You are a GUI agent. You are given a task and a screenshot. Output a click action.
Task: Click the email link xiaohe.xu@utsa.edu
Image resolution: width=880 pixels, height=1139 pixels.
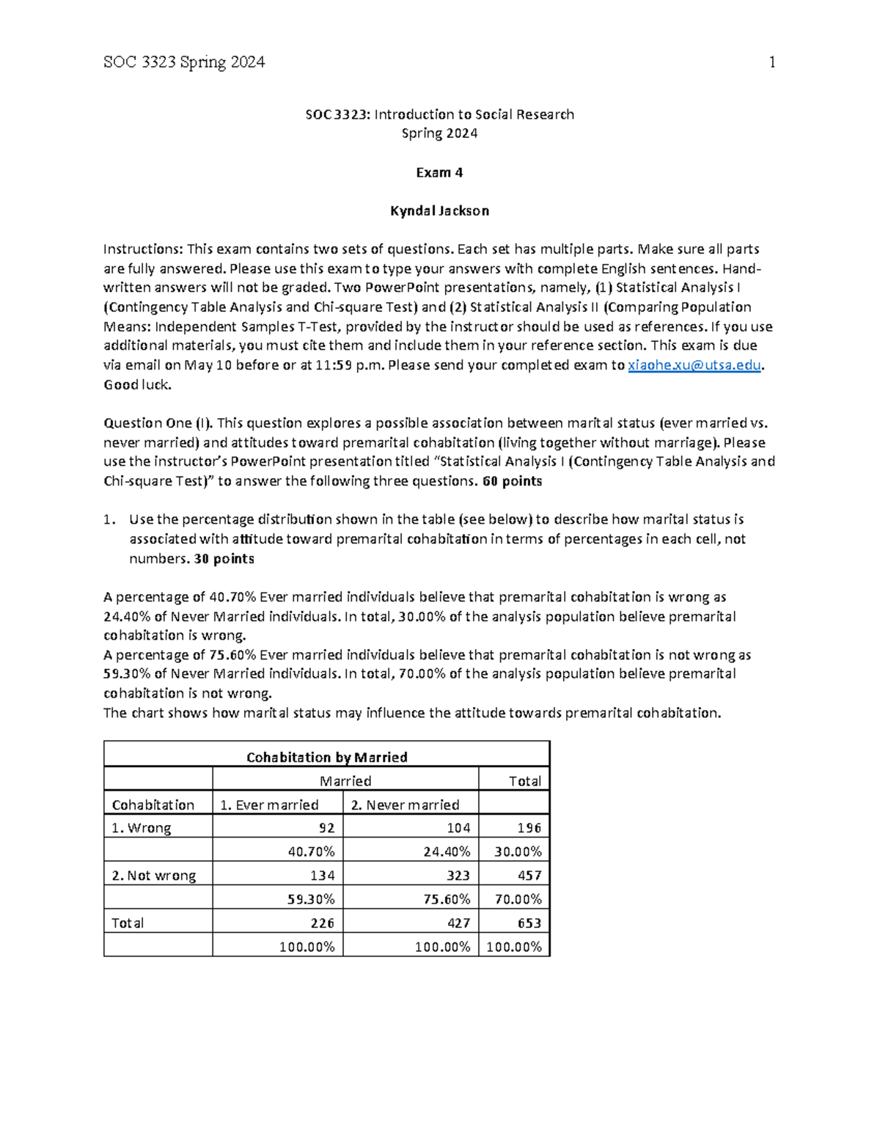(695, 365)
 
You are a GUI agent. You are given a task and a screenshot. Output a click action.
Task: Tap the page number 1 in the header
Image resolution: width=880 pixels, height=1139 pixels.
(771, 62)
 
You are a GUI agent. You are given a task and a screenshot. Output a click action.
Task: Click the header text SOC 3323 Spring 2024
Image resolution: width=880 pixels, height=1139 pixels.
(184, 62)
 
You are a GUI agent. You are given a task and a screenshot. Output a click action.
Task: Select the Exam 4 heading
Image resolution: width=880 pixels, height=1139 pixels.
(439, 172)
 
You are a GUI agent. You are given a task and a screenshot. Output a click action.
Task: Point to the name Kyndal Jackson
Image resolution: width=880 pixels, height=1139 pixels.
(439, 211)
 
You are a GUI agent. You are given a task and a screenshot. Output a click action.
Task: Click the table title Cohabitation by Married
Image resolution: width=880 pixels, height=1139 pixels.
(326, 757)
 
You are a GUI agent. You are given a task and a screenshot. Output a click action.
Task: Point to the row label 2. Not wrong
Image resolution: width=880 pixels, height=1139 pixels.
(154, 875)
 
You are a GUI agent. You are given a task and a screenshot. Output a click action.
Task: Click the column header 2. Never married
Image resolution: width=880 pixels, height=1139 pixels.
(405, 805)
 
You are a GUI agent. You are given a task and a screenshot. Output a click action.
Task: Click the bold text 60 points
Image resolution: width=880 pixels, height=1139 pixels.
(513, 481)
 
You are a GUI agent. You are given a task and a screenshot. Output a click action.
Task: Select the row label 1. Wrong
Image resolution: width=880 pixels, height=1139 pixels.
(142, 827)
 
